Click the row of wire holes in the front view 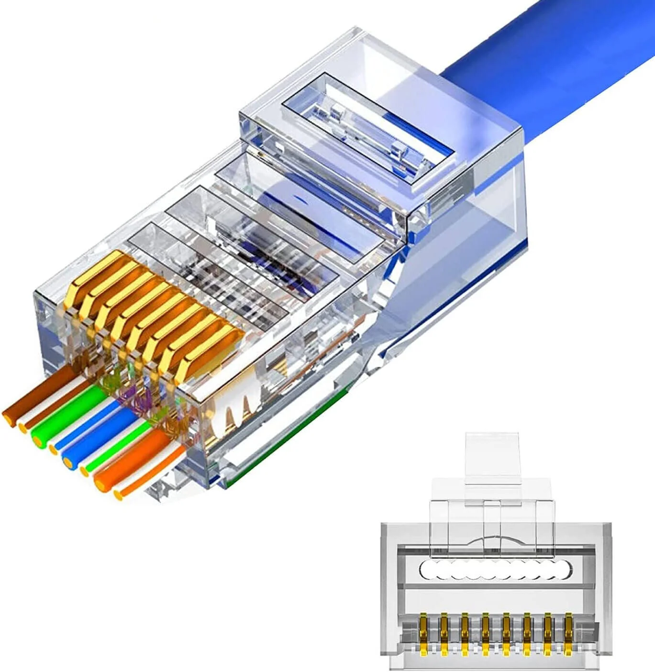495,570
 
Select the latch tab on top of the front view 492,455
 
